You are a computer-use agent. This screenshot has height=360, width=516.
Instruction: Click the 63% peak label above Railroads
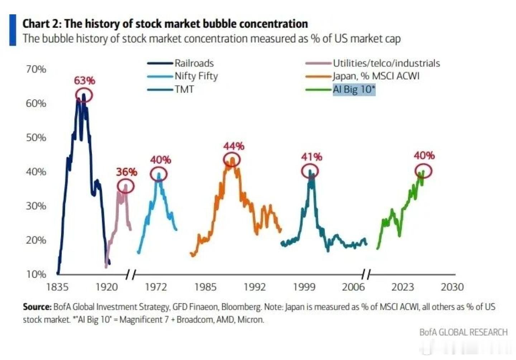pos(84,81)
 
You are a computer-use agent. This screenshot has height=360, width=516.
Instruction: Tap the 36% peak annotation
pos(126,172)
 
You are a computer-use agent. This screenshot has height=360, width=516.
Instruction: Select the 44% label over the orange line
pos(234,146)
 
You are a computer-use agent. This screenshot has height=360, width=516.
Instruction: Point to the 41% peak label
pos(311,157)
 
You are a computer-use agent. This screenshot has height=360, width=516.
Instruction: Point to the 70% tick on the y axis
pos(36,69)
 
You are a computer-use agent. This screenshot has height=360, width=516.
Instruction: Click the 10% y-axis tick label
pos(36,274)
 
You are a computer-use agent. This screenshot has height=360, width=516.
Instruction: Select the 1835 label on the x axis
pos(57,287)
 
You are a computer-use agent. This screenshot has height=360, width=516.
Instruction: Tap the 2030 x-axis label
pos(452,287)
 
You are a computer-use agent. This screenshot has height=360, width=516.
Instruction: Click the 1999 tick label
pos(304,287)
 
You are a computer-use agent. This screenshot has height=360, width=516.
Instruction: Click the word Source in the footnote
pos(37,307)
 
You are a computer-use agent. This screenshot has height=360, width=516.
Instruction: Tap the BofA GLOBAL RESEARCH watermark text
pos(463,332)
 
